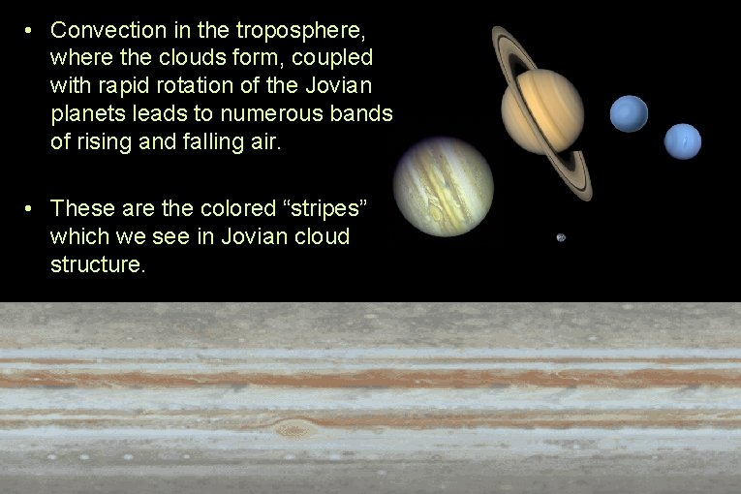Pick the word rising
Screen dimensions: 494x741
tap(107, 141)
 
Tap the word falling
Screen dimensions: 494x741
tap(217, 141)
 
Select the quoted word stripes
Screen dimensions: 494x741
tap(324, 208)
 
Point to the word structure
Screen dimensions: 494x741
tap(98, 264)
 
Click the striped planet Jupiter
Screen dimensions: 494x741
tap(443, 186)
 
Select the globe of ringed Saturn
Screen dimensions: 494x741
tap(541, 111)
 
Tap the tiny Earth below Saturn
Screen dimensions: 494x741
tap(561, 237)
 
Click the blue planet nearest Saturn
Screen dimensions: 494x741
tap(629, 113)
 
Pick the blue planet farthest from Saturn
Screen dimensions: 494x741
tap(682, 141)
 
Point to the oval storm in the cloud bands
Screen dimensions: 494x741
tap(292, 427)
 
